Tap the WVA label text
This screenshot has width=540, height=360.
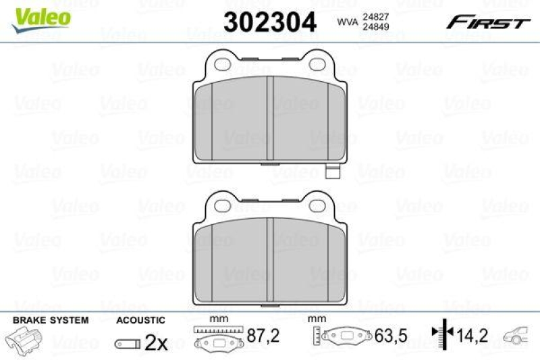tap(347, 22)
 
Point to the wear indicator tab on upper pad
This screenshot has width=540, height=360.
tap(331, 172)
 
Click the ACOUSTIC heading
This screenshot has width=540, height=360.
tap(140, 320)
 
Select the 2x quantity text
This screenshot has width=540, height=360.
tap(156, 343)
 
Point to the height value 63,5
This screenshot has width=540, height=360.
tap(385, 335)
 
